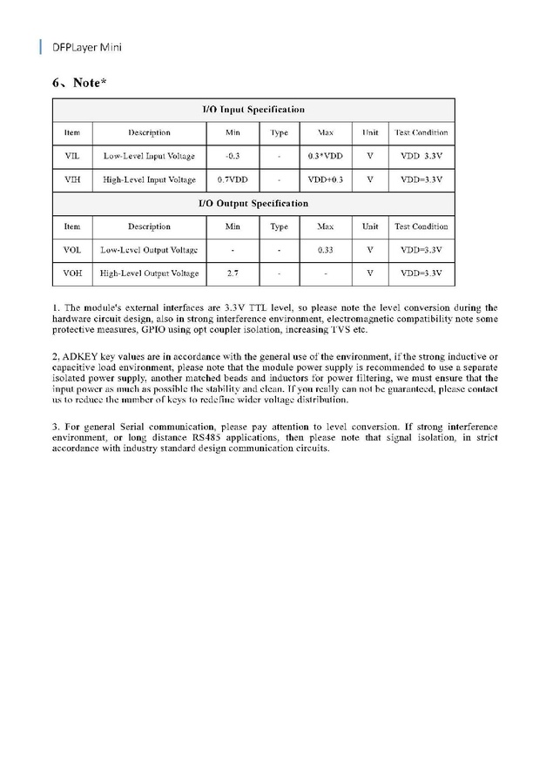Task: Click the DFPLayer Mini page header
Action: [x=86, y=46]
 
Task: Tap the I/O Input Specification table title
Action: [x=253, y=110]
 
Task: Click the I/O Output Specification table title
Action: [x=253, y=203]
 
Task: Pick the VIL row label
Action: [x=72, y=157]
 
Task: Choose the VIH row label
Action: [x=72, y=180]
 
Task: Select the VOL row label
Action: [x=72, y=250]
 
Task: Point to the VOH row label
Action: [x=72, y=273]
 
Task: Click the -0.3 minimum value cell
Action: [x=233, y=157]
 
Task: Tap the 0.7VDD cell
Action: [x=233, y=180]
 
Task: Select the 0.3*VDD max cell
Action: [x=326, y=157]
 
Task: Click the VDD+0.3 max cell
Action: [x=326, y=180]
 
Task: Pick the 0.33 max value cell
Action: [x=326, y=250]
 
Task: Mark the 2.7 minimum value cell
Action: [x=233, y=273]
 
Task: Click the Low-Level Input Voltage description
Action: [x=149, y=157]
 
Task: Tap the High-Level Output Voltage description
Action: [x=149, y=273]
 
